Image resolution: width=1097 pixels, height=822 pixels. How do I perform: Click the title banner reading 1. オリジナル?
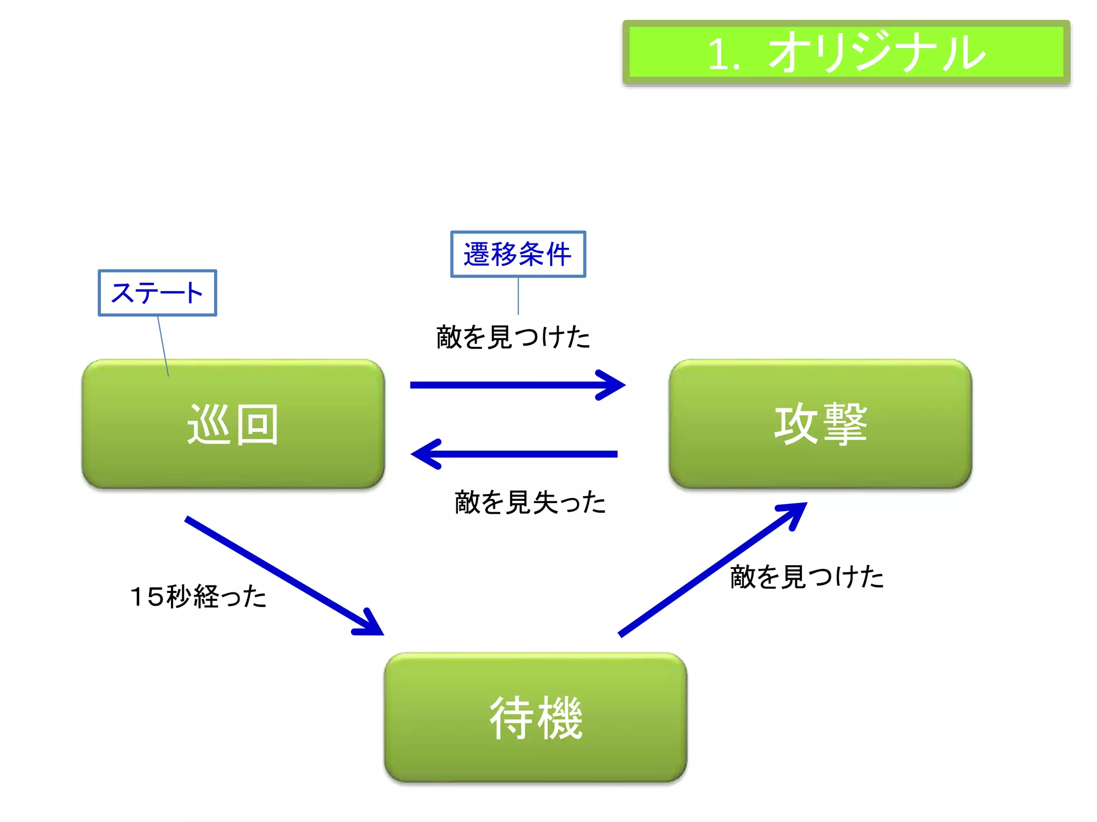[846, 52]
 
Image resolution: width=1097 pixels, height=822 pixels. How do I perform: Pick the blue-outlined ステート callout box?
[157, 293]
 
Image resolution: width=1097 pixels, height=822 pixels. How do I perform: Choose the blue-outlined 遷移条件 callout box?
[518, 254]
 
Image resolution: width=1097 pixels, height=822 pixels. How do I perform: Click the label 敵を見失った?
[530, 503]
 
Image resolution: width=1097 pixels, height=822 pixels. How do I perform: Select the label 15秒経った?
[198, 596]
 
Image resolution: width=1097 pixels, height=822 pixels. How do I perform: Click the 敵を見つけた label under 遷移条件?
[513, 337]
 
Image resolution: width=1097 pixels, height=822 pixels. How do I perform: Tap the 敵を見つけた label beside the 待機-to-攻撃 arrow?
[807, 577]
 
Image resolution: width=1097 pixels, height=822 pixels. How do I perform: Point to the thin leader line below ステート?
[163, 346]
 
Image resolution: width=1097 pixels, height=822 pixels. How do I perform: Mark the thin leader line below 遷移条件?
[518, 296]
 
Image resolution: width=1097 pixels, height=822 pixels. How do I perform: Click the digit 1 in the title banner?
[718, 55]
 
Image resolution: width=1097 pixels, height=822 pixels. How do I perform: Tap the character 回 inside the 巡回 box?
[258, 424]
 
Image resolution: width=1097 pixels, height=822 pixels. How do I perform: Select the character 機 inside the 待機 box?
[560, 718]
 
